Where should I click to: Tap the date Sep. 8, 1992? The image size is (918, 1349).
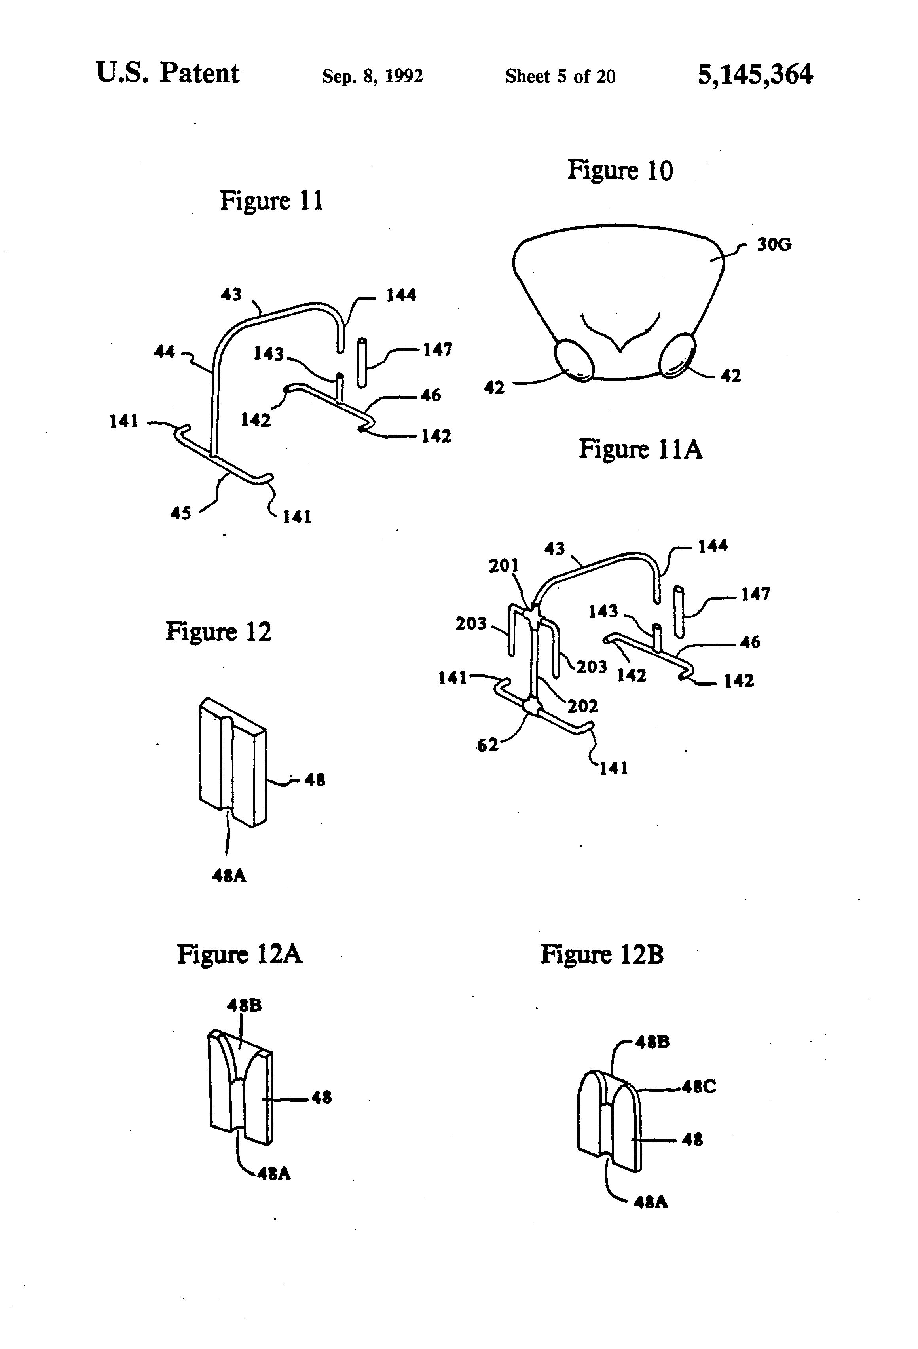click(372, 76)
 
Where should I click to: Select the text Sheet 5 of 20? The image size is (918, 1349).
click(560, 76)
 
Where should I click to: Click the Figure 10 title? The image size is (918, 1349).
click(620, 171)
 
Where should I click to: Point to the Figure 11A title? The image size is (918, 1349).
click(640, 449)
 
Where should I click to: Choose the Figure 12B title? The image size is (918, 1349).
click(602, 954)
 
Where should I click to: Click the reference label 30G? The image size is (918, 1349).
click(774, 244)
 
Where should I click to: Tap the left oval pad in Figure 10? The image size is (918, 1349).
click(574, 361)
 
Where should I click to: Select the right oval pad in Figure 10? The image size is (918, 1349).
click(677, 355)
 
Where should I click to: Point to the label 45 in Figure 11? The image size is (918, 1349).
click(180, 513)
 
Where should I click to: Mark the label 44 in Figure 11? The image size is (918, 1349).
click(164, 351)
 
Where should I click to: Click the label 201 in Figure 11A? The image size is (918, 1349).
click(503, 565)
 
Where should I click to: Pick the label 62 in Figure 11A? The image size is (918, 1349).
click(487, 745)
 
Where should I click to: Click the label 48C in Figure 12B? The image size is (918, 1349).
click(699, 1087)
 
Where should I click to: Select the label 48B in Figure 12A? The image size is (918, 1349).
click(244, 1005)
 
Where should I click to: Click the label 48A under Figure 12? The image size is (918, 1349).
click(229, 875)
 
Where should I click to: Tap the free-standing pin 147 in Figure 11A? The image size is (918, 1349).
click(678, 612)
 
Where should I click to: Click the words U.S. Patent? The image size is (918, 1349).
click(167, 74)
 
